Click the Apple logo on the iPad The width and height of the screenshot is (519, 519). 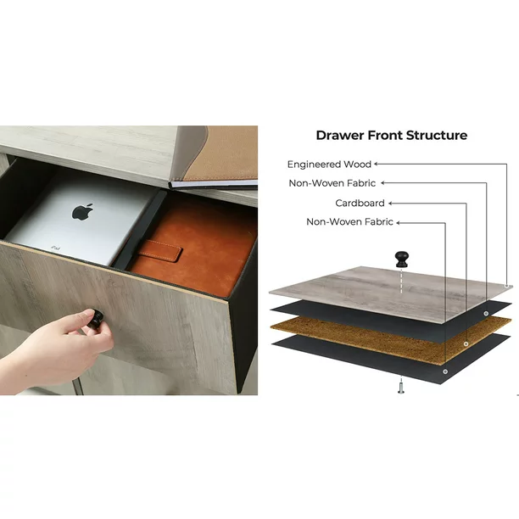82,212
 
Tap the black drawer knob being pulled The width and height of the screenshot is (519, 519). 96,318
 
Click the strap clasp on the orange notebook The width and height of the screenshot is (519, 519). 160,251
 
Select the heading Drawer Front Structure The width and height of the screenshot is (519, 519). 392,136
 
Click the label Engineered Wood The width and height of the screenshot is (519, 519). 329,165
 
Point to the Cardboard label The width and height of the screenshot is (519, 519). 360,203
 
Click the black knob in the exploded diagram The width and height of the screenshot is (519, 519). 402,259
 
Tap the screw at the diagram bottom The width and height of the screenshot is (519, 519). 401,388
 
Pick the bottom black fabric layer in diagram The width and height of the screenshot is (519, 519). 391,359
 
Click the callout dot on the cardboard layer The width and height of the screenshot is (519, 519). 466,344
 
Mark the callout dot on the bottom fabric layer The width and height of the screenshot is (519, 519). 445,371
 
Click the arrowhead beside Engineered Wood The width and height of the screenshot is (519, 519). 376,164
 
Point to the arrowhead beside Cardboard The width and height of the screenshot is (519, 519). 390,204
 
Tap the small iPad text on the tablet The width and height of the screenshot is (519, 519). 56,248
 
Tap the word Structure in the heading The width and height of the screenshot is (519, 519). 437,136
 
